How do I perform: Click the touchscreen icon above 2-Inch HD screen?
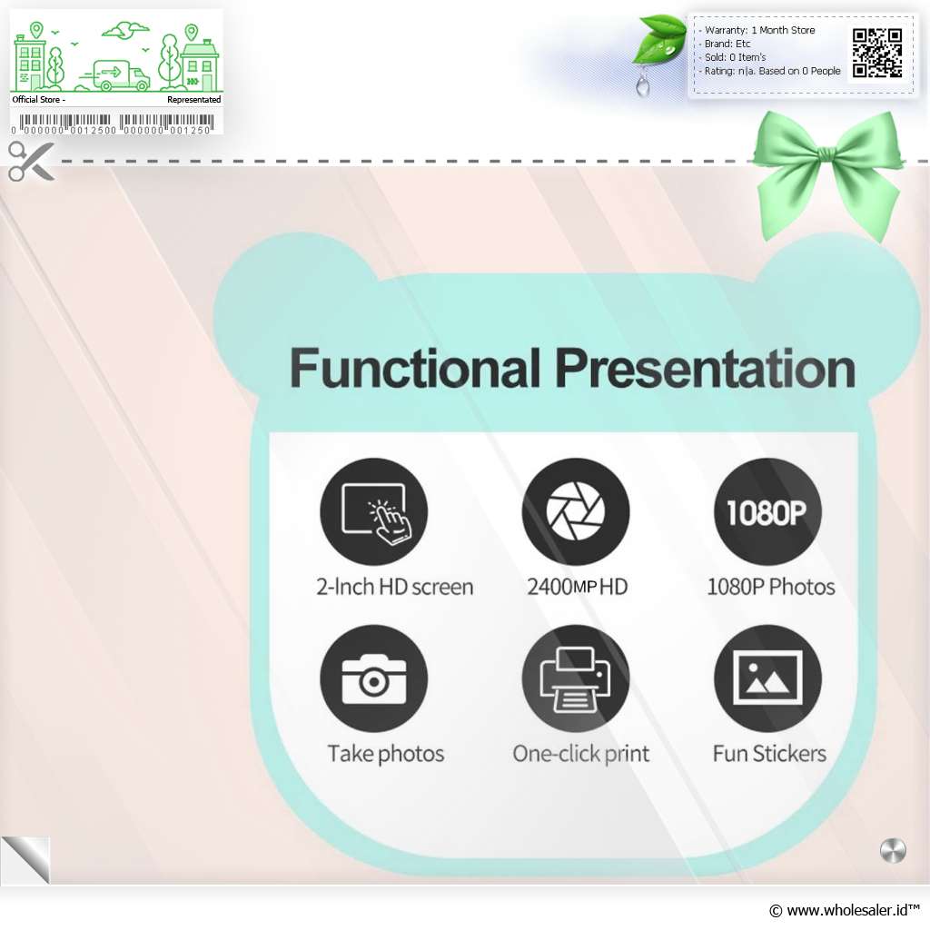click(373, 511)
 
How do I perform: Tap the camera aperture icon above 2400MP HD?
click(575, 511)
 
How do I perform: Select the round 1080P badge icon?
click(767, 511)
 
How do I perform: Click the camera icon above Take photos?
click(373, 678)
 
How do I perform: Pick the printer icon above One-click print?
click(575, 678)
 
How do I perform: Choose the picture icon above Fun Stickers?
click(767, 678)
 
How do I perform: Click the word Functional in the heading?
click(414, 369)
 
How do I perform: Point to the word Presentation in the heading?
click(705, 369)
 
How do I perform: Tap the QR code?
click(877, 54)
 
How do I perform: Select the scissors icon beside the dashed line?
click(31, 161)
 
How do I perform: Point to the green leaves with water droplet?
click(659, 51)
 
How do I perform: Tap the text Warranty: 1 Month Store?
click(759, 30)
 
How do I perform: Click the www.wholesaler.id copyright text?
click(844, 910)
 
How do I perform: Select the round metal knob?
click(893, 851)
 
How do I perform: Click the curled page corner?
click(26, 860)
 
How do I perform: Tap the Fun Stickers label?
click(769, 753)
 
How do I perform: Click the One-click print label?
click(581, 754)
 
